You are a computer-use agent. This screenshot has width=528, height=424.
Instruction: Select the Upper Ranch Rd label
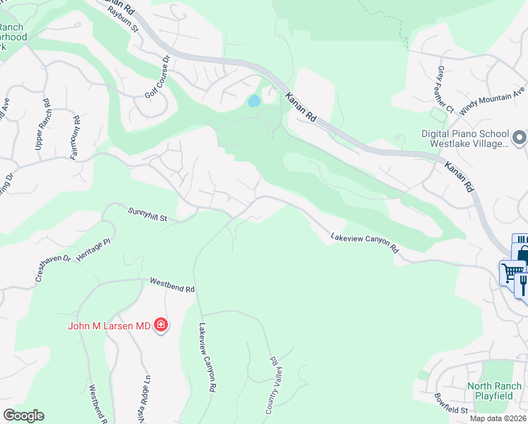click(x=43, y=124)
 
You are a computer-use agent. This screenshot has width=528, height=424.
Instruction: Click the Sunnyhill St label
click(x=147, y=213)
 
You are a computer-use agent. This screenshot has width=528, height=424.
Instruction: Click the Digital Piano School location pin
click(x=520, y=137)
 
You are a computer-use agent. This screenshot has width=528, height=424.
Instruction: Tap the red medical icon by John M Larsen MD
click(x=161, y=325)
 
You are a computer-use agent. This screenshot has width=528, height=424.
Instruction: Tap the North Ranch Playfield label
click(x=494, y=391)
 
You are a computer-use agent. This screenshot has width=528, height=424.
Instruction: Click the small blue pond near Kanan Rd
click(x=253, y=101)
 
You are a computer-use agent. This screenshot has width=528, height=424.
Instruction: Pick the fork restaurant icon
click(x=523, y=283)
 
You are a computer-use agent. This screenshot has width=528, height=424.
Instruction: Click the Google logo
click(x=23, y=416)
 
